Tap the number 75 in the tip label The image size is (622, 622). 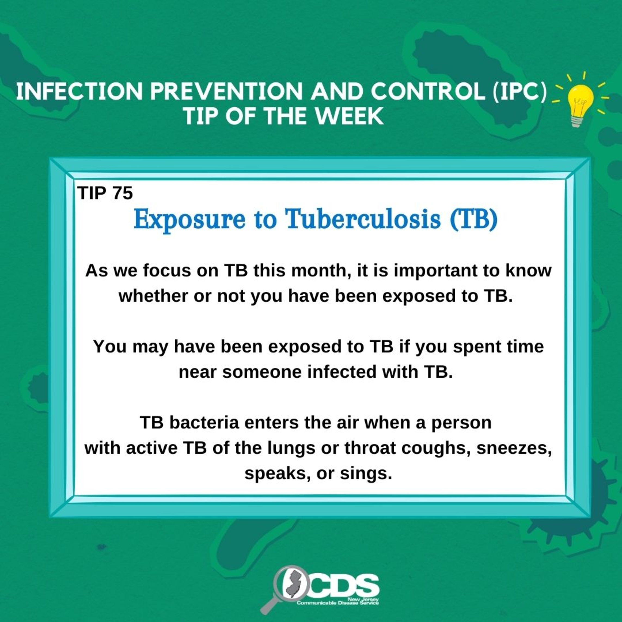click(123, 193)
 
